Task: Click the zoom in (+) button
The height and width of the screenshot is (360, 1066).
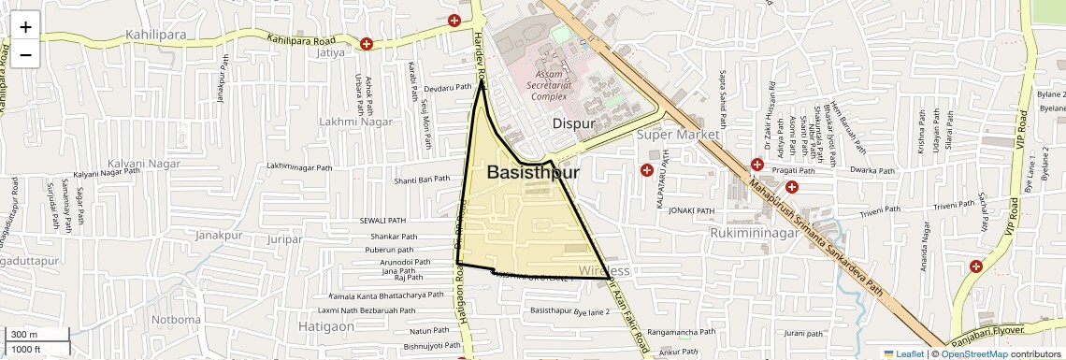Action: (x=25, y=26)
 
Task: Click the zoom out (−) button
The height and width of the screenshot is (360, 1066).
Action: (x=25, y=54)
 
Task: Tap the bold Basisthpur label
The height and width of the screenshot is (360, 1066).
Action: (x=533, y=173)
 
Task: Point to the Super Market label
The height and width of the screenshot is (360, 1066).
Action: (x=678, y=135)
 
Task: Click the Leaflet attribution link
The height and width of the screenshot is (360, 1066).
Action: (x=903, y=353)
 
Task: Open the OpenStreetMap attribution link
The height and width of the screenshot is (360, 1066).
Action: (x=973, y=353)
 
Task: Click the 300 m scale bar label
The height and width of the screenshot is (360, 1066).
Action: (x=24, y=335)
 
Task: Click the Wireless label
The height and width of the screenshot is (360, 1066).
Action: (x=604, y=271)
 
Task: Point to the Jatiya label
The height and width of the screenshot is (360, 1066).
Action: (x=331, y=53)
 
